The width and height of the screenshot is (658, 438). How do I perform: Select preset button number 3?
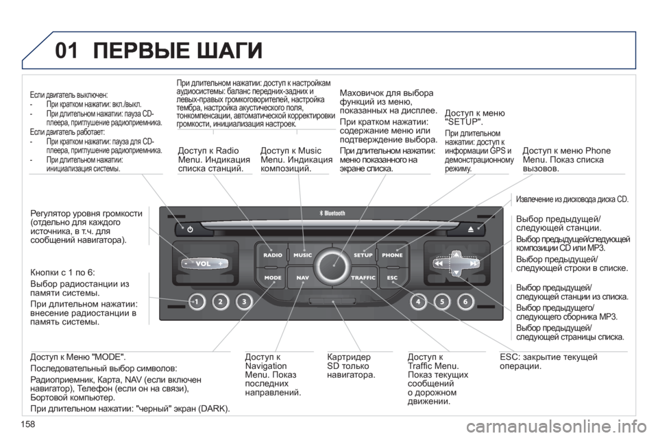coord(244,301)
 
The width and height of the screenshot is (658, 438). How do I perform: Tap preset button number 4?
coord(418,301)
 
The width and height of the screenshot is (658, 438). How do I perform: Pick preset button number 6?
coord(465,301)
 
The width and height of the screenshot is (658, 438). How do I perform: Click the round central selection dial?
coord(333,266)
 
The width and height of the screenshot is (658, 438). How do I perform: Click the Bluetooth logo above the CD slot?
coord(332,214)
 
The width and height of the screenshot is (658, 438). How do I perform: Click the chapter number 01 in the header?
coord(66,50)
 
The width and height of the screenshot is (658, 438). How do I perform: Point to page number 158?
coord(27,424)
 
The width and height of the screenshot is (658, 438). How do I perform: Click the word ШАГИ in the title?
coord(229,50)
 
